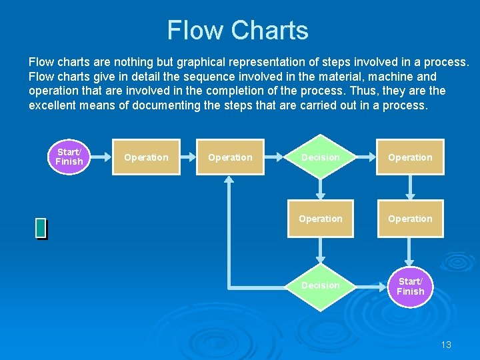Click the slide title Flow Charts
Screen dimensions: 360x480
[x=237, y=31]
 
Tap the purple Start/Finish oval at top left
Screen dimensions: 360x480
[x=69, y=157]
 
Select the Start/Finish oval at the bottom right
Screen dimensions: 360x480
[x=410, y=287]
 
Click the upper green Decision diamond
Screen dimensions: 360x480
[x=321, y=157]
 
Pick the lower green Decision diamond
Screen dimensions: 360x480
[x=321, y=285]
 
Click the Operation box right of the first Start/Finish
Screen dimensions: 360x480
[x=146, y=157]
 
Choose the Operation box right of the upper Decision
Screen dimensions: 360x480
[x=410, y=157]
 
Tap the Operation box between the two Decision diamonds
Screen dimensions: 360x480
[x=321, y=219]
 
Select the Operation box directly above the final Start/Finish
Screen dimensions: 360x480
[x=410, y=219]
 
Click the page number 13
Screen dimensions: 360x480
[x=446, y=345]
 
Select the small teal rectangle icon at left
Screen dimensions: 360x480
[x=41, y=228]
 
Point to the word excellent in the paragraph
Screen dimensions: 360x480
[x=55, y=105]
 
